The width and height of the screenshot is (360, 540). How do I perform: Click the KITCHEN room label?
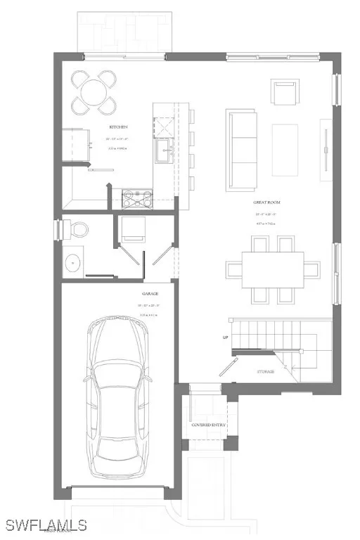(117, 127)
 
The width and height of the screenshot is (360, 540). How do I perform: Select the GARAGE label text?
(149, 293)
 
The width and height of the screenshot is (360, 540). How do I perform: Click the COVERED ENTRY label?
(209, 425)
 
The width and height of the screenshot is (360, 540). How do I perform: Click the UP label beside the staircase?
(225, 337)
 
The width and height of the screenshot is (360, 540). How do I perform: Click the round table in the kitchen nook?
(96, 92)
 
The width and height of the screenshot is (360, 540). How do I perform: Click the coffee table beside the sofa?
(285, 150)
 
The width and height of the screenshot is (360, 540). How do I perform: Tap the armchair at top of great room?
(283, 92)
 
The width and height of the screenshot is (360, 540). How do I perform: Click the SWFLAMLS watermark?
(45, 525)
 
